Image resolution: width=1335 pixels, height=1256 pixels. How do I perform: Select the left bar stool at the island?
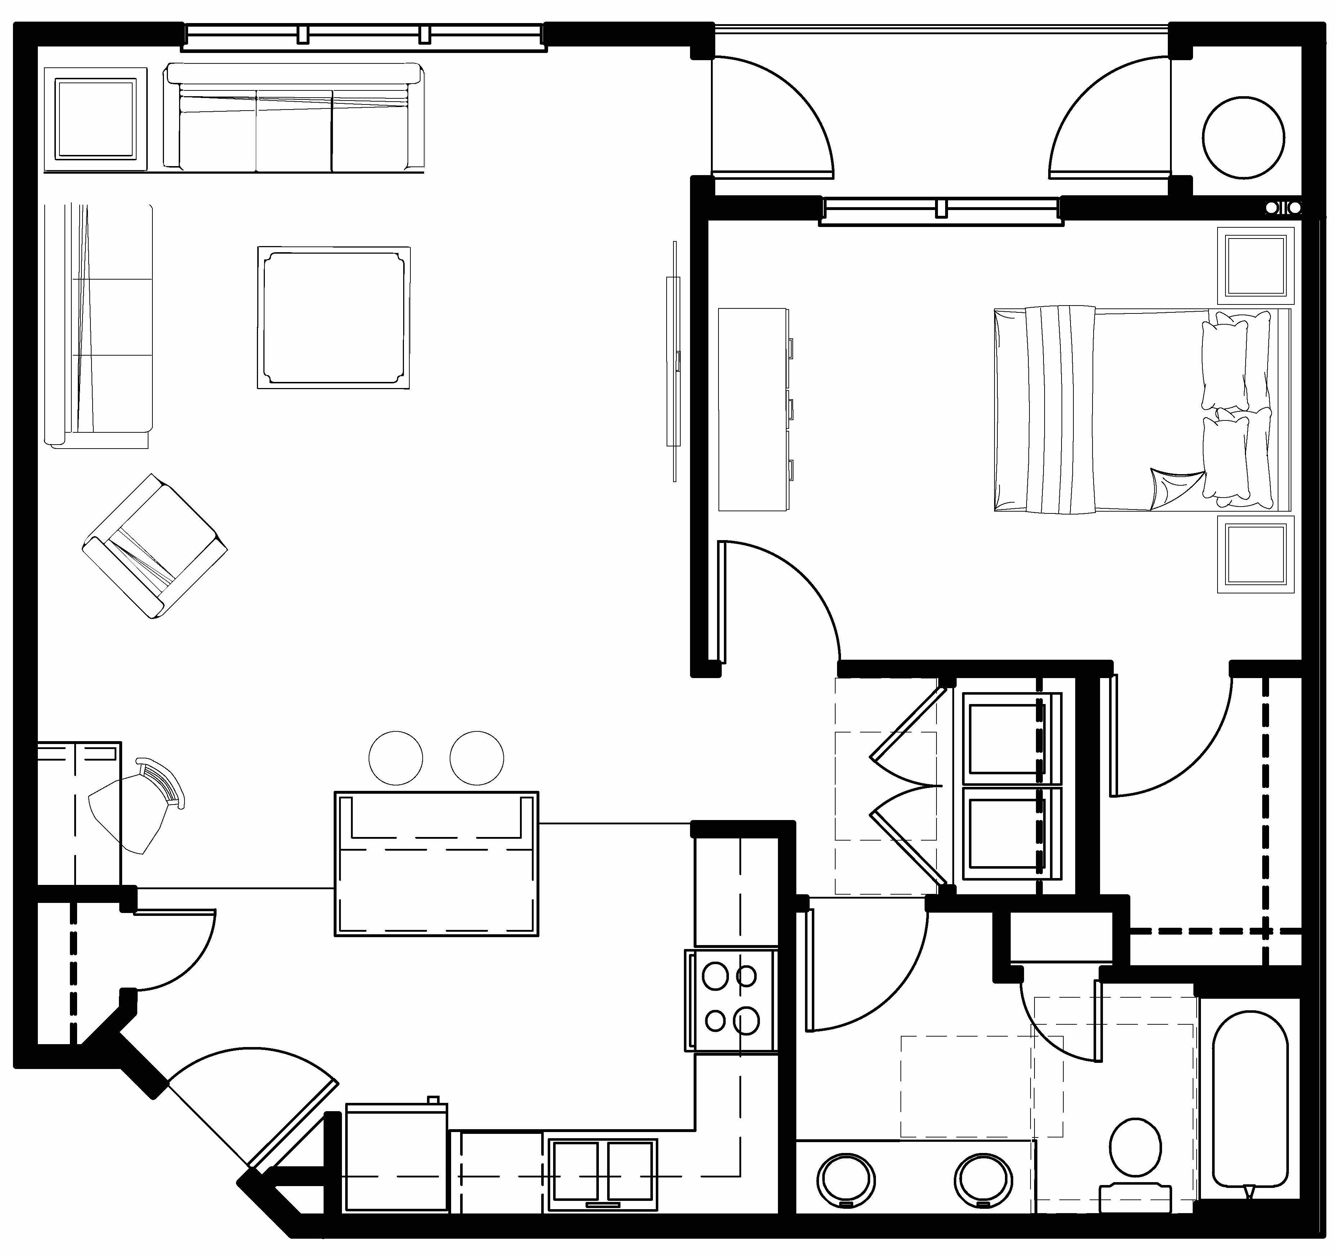tap(396, 758)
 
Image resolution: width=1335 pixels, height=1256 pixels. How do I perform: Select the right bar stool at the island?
tap(477, 758)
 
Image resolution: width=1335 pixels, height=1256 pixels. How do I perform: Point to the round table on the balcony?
tap(1244, 138)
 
